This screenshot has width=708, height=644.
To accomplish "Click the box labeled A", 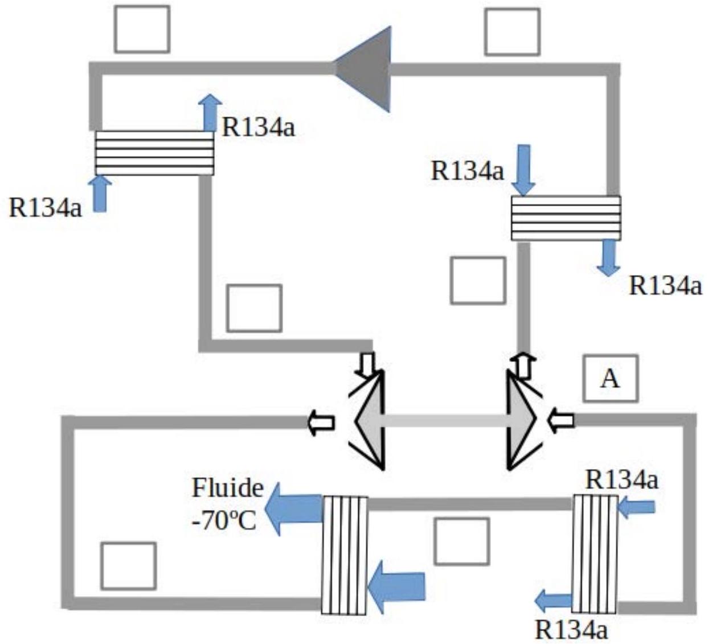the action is pyautogui.click(x=610, y=378).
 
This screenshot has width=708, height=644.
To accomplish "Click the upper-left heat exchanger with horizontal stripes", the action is pyautogui.click(x=154, y=153).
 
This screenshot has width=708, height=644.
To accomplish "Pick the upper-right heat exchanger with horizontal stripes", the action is pyautogui.click(x=566, y=218).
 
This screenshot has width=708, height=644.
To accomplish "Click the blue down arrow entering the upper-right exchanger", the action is pyautogui.click(x=524, y=170).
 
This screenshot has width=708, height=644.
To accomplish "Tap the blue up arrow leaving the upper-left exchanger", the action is pyautogui.click(x=210, y=113).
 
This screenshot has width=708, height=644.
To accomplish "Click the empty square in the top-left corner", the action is pyautogui.click(x=142, y=29).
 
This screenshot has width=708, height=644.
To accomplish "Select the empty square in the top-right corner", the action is pyautogui.click(x=513, y=32).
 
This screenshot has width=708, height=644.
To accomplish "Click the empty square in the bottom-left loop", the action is pyautogui.click(x=129, y=565).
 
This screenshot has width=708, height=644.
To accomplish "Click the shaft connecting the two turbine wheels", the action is pyautogui.click(x=445, y=420).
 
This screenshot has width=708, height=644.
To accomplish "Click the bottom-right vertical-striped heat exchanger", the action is pyautogui.click(x=594, y=554).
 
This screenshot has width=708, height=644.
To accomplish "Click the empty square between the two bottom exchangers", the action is pyautogui.click(x=461, y=541).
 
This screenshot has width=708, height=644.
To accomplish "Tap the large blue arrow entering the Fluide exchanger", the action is pyautogui.click(x=396, y=586).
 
